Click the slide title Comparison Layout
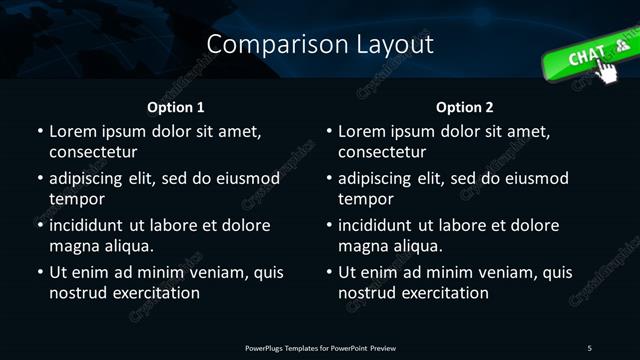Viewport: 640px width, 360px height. [320, 44]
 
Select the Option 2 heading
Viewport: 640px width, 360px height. [465, 107]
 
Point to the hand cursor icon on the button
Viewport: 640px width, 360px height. [606, 68]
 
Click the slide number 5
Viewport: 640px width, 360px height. [590, 347]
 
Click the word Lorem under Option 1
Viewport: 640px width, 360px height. [73, 131]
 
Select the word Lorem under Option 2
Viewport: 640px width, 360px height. [363, 131]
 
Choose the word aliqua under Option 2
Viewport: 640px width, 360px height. [416, 246]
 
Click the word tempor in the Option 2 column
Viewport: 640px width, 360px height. [364, 199]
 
